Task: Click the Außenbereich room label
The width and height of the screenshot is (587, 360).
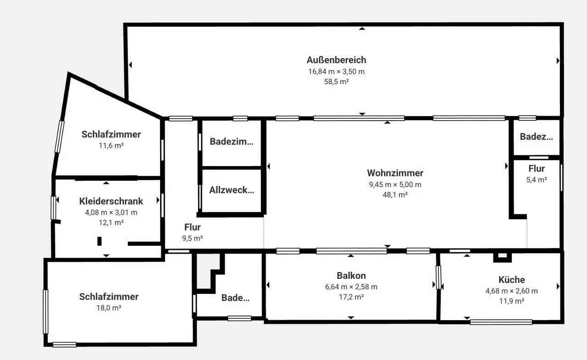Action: point(336,60)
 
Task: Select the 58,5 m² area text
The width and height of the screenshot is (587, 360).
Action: point(337,82)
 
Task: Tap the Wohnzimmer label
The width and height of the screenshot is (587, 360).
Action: point(395,173)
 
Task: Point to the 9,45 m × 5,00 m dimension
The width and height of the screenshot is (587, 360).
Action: point(395,184)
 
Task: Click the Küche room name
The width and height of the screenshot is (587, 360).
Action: point(511,280)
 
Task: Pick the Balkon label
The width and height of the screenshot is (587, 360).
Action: point(351,276)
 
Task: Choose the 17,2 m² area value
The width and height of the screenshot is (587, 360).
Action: point(351,297)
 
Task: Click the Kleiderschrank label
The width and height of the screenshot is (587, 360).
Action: point(111,201)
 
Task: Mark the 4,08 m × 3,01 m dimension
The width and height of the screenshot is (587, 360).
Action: point(111,212)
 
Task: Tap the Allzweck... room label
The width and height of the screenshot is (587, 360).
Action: point(232,190)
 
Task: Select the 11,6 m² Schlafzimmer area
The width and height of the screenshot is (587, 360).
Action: point(111,146)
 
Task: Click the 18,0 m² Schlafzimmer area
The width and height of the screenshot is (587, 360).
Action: point(109,308)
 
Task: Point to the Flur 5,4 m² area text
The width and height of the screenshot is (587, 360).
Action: point(537,180)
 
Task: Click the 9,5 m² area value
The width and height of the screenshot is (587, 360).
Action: point(192,238)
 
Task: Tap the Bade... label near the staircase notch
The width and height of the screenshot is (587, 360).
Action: point(235,298)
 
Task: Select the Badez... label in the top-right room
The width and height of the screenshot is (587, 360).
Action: point(537,137)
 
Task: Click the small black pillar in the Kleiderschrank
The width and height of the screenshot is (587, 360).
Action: point(100,241)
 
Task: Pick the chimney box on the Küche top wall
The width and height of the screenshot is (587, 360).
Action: point(502,257)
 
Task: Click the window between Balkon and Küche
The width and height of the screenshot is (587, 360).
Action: point(438,277)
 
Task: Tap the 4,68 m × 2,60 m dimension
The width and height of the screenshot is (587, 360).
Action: point(511,291)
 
